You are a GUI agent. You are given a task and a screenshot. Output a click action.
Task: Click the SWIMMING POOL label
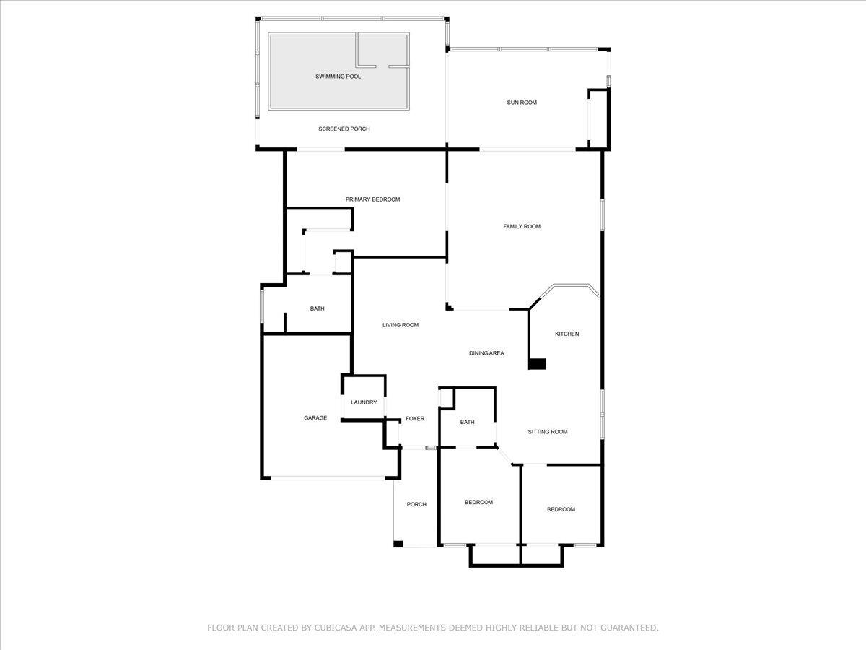tap(338, 77)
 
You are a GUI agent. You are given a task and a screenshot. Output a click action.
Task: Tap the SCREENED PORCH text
tap(344, 129)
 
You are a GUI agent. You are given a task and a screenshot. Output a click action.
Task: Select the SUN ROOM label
tap(522, 103)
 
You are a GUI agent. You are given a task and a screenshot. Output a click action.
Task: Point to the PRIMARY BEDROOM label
tap(373, 199)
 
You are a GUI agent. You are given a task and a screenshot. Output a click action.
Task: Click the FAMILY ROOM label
tap(522, 226)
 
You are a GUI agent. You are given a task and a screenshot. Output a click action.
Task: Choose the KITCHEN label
tap(567, 334)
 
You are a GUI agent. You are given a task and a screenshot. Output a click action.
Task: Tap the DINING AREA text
tap(486, 353)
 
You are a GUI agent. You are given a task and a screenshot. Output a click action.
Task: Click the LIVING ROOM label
tap(401, 325)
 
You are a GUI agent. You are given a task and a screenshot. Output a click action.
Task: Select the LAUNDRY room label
tap(364, 402)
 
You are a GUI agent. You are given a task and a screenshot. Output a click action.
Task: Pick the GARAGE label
tap(315, 418)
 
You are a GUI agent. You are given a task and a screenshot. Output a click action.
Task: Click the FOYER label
tap(415, 418)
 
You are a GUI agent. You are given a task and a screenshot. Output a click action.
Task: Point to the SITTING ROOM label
tap(548, 432)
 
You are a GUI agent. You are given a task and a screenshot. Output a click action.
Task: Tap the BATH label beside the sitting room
tap(467, 422)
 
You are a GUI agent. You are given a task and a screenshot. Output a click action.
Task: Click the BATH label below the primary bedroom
tap(318, 308)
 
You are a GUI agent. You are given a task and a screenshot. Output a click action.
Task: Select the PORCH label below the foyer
tap(416, 504)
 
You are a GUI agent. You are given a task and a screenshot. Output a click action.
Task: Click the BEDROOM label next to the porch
tap(478, 502)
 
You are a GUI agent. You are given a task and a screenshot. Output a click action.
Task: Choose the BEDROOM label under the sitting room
tap(561, 509)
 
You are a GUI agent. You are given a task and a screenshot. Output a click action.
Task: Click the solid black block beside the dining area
tap(537, 364)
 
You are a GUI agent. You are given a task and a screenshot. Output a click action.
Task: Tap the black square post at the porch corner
tap(398, 544)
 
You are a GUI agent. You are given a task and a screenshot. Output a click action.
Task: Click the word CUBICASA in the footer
tap(334, 628)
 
